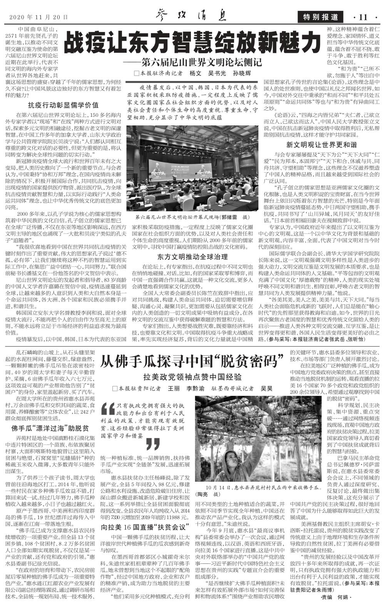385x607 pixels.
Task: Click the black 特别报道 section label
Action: point(320,17)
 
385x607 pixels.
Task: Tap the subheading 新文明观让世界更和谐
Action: point(321,145)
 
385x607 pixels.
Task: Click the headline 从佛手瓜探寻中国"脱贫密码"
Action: point(192,361)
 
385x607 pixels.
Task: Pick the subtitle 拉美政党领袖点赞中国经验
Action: point(192,377)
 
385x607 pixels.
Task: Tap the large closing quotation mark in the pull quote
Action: point(153,444)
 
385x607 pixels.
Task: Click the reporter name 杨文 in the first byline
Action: point(195,73)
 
